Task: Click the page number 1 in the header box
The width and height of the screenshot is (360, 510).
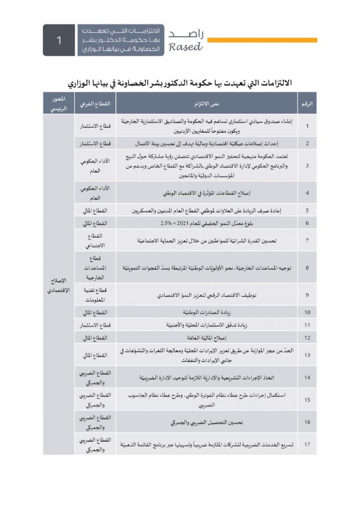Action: click(x=59, y=40)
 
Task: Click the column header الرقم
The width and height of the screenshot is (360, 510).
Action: click(x=307, y=103)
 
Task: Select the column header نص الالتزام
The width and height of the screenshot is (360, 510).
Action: click(x=207, y=103)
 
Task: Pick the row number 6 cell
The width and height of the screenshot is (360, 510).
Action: click(x=307, y=223)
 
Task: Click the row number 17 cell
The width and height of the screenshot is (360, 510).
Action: click(x=307, y=444)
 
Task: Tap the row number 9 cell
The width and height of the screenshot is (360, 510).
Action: click(x=307, y=295)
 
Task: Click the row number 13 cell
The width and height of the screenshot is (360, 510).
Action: click(x=307, y=355)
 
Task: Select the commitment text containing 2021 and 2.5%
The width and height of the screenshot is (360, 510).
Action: click(x=207, y=223)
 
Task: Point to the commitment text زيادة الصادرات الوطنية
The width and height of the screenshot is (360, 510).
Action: click(x=207, y=312)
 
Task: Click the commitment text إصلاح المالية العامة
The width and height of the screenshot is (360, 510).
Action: click(x=207, y=337)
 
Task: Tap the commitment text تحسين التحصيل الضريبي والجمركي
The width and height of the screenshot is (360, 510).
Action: click(x=207, y=422)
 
